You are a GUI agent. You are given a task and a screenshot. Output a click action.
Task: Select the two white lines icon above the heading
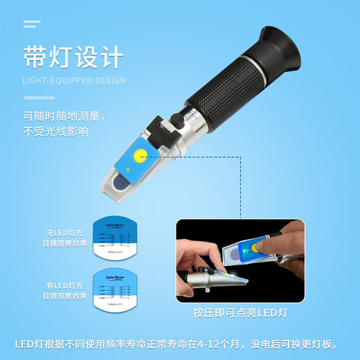pyautogui.click(x=31, y=24)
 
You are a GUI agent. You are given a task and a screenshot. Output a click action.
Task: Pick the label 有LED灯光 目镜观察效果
pyautogui.click(x=64, y=291)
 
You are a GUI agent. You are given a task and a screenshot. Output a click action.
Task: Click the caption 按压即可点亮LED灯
pyautogui.click(x=241, y=313)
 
